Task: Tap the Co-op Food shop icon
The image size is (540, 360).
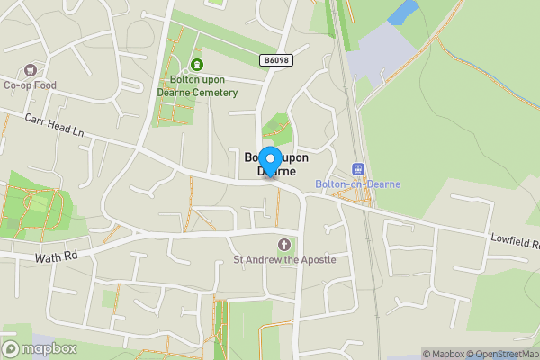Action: (31, 70)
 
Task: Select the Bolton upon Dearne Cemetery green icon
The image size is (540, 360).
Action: (196, 64)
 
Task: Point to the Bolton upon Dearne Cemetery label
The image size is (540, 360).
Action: (196, 85)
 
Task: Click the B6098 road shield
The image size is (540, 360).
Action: (277, 60)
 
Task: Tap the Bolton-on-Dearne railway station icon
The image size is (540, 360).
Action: (358, 169)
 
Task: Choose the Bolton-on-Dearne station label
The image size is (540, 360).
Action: (358, 184)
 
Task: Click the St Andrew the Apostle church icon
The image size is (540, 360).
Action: (284, 245)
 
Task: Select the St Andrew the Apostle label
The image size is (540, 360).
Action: (284, 260)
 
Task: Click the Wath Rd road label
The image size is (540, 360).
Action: (58, 256)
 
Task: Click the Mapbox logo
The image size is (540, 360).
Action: (39, 348)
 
